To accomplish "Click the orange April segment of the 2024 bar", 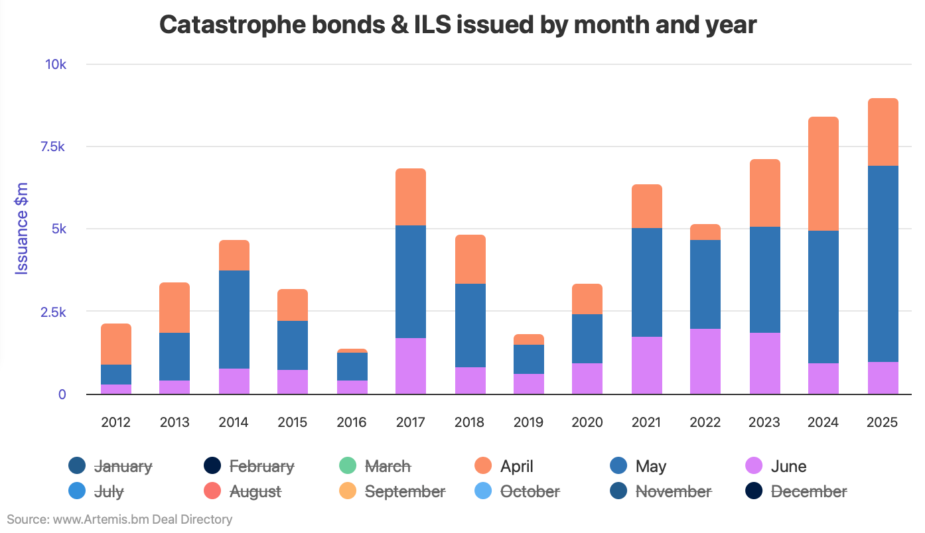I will [823, 174].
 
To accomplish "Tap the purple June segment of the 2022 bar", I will [705, 361].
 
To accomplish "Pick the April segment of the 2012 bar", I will [115, 344].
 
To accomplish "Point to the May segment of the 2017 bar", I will [410, 282].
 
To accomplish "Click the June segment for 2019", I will [528, 384].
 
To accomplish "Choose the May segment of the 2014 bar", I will [234, 320].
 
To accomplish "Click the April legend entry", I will [516, 466].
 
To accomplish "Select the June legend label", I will [788, 466].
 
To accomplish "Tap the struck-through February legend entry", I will [261, 466].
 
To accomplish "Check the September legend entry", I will [404, 491].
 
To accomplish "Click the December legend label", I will [809, 491].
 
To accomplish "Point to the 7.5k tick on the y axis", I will [67, 147].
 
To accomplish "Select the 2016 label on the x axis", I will [352, 422].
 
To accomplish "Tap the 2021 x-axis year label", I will [646, 422].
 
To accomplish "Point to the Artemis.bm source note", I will [119, 519].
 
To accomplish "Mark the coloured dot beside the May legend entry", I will [618, 466].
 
